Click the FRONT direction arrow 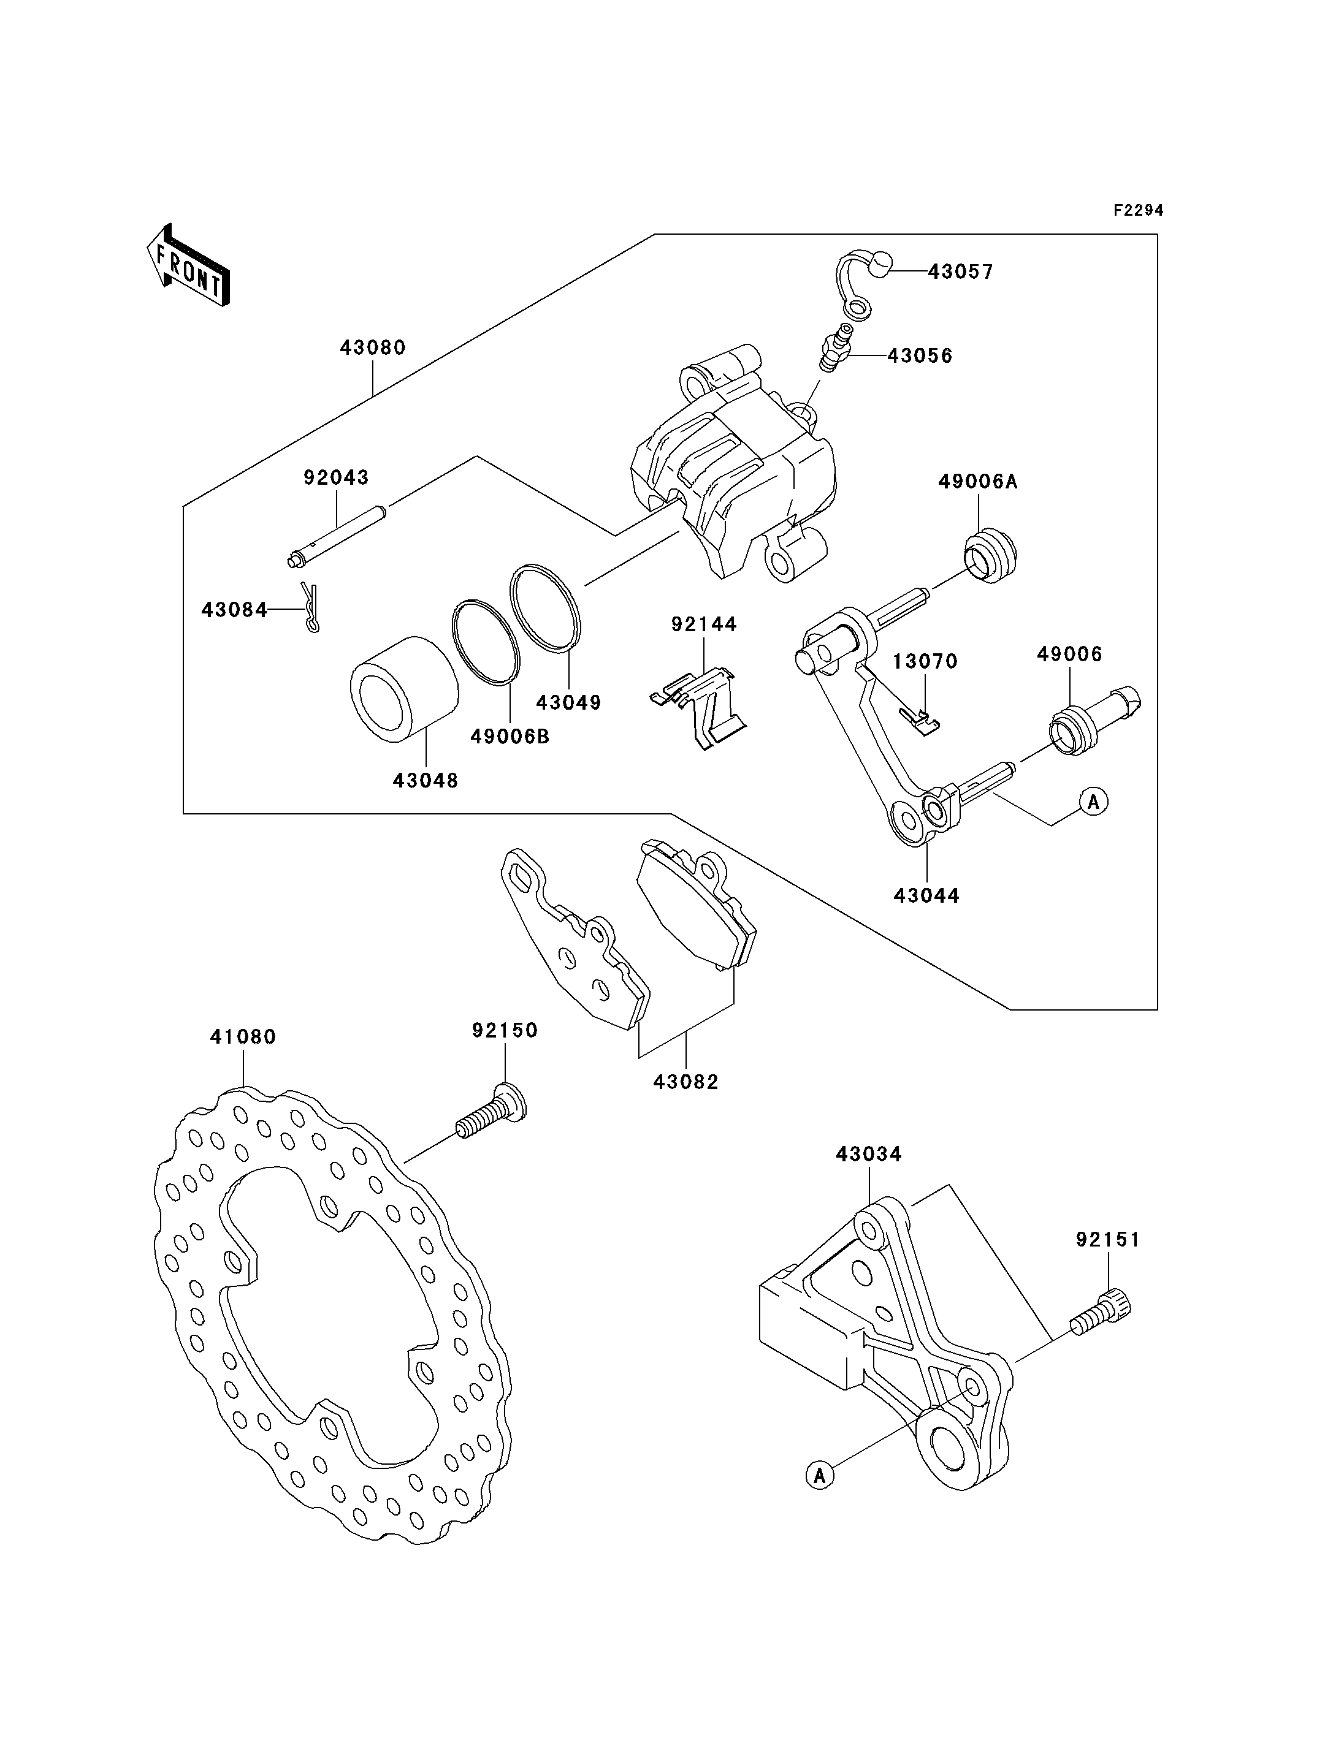tap(189, 264)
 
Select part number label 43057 tap(960, 272)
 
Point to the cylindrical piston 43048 tap(404, 689)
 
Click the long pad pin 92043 tap(338, 533)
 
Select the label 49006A tap(977, 482)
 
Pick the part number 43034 tap(869, 1154)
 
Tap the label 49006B tap(510, 737)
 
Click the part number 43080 tap(373, 348)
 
